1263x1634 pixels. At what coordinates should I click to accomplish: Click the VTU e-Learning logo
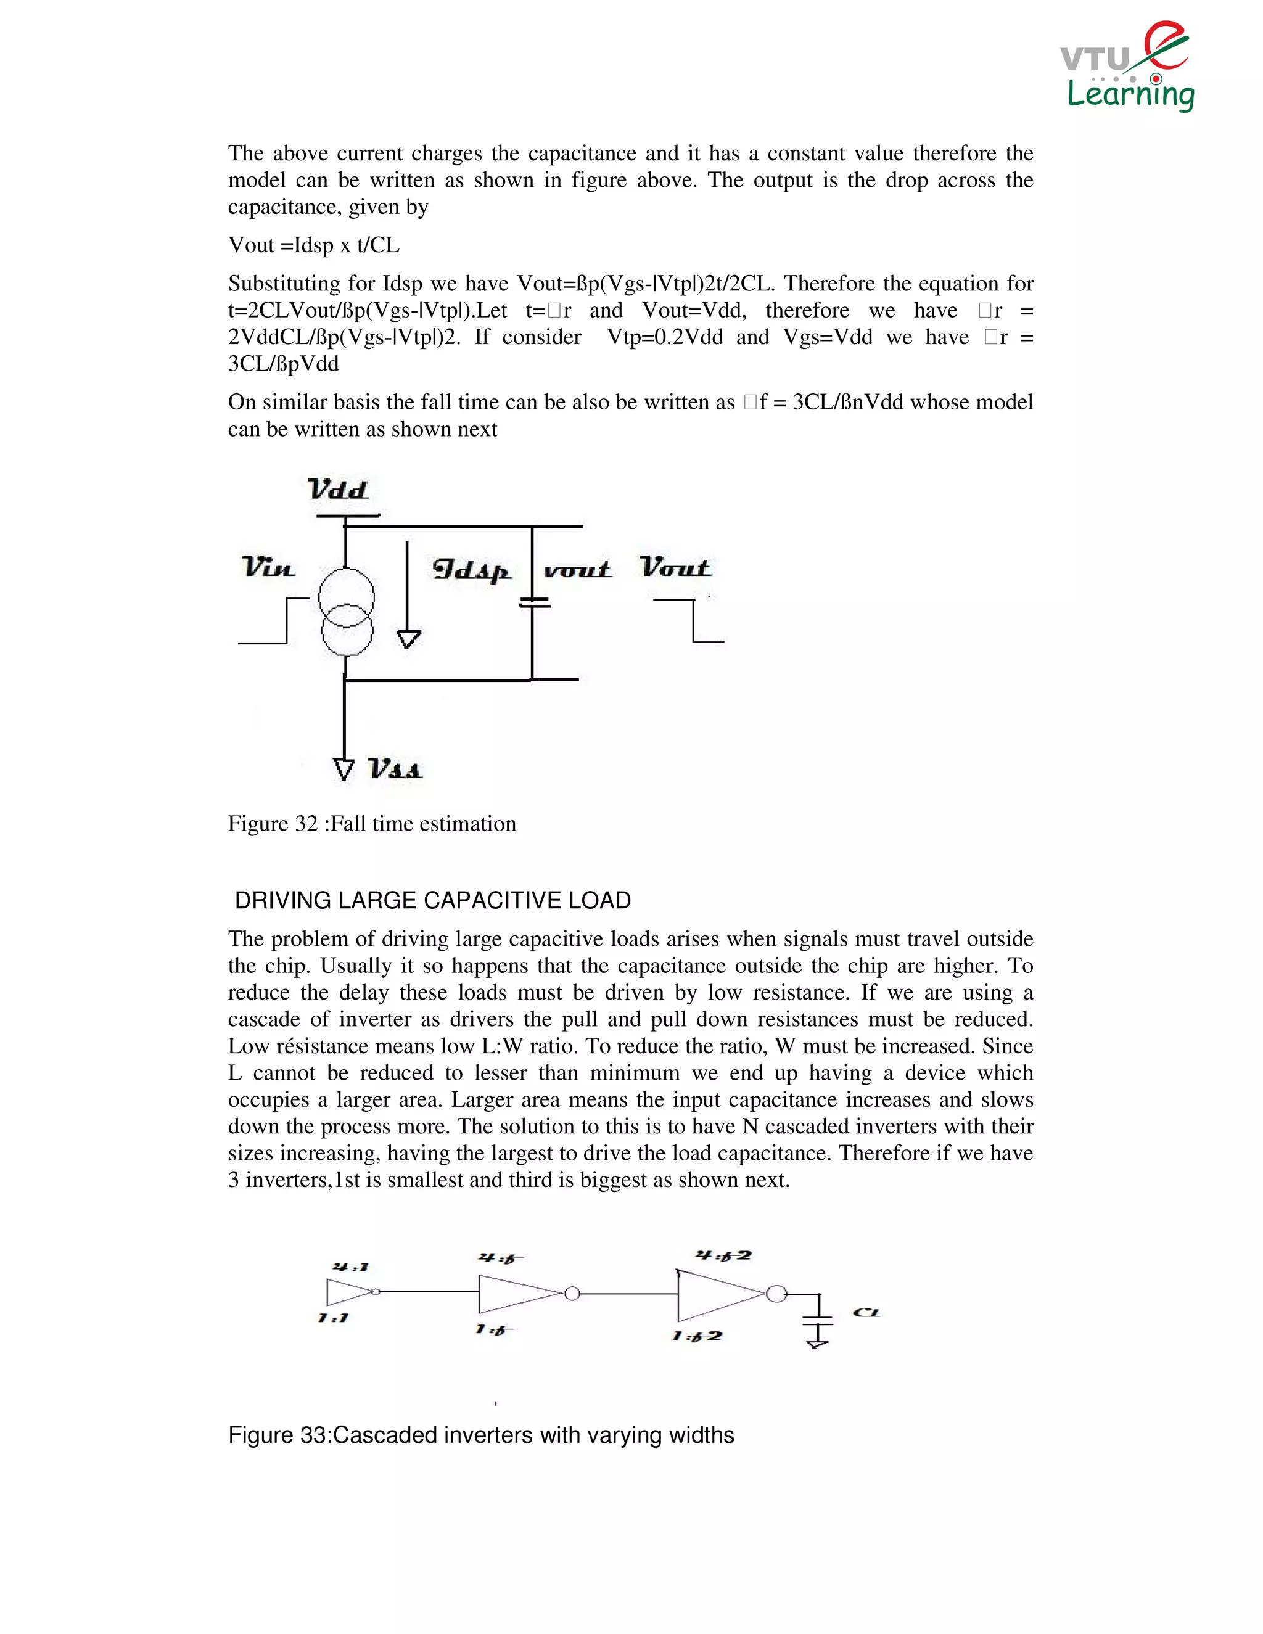pyautogui.click(x=1127, y=67)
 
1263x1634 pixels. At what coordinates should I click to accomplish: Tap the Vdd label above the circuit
pyautogui.click(x=338, y=490)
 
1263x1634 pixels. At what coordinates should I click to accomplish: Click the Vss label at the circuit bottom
pyautogui.click(x=395, y=768)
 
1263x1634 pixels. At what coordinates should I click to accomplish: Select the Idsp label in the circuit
pyautogui.click(x=471, y=570)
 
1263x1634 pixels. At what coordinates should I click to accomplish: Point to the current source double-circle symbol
pyautogui.click(x=347, y=612)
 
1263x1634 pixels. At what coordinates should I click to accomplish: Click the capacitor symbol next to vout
pyautogui.click(x=534, y=602)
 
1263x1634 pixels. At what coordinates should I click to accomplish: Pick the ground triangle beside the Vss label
pyautogui.click(x=344, y=769)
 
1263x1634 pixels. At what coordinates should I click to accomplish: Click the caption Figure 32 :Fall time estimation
pyautogui.click(x=372, y=824)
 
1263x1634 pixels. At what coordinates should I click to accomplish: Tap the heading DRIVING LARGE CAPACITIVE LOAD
pyautogui.click(x=432, y=900)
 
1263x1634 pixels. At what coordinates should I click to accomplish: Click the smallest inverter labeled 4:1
pyautogui.click(x=350, y=1292)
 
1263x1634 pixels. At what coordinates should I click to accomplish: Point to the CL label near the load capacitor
pyautogui.click(x=866, y=1312)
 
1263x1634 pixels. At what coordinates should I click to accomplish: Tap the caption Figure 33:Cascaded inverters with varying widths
pyautogui.click(x=481, y=1435)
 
